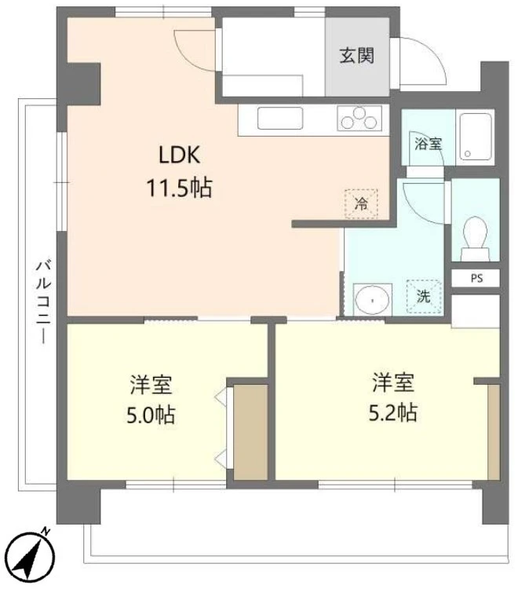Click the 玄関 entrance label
click(x=356, y=56)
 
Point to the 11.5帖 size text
click(x=177, y=188)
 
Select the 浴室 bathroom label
click(x=428, y=144)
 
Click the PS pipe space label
click(x=476, y=277)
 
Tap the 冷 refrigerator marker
click(x=360, y=204)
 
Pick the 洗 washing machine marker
click(x=424, y=296)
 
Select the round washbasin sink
click(x=370, y=299)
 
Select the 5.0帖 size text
click(x=151, y=415)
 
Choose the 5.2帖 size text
click(x=392, y=412)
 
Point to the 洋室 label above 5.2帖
click(x=392, y=383)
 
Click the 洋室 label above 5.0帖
click(x=151, y=385)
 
